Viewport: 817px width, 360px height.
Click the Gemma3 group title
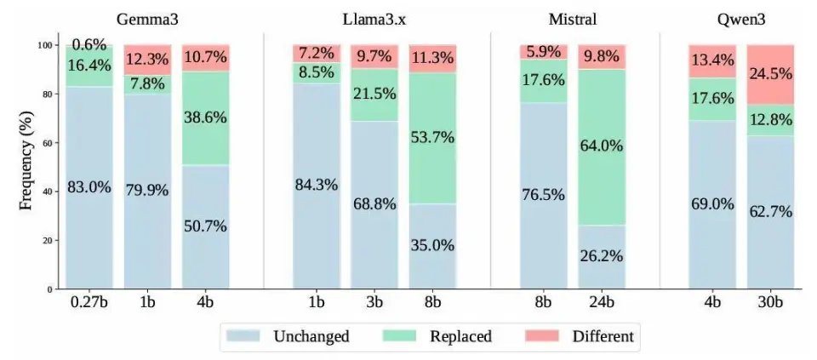[x=147, y=19]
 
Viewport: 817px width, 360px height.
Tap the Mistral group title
[x=572, y=19]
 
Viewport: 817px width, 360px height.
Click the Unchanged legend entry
[x=294, y=336]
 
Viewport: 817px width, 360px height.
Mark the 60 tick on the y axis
[x=48, y=143]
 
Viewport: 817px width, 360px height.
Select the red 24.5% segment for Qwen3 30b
[x=771, y=75]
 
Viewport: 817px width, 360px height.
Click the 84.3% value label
[x=316, y=186]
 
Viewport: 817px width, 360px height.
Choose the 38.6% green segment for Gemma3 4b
[x=205, y=118]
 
